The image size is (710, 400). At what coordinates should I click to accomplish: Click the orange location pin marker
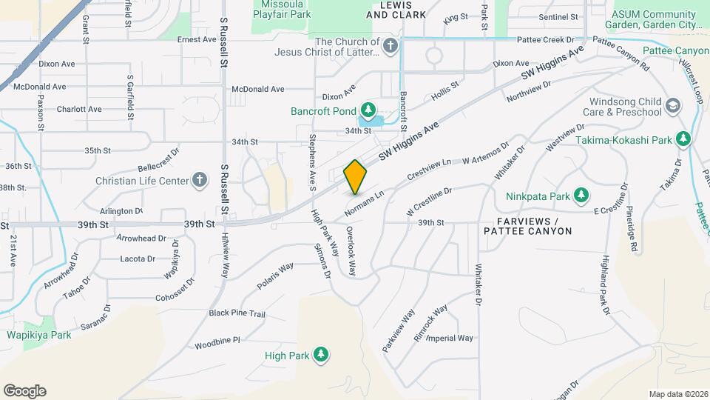pyautogui.click(x=355, y=176)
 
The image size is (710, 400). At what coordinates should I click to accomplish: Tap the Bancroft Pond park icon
pyautogui.click(x=367, y=110)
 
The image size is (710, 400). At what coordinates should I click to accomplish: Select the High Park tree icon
pyautogui.click(x=320, y=356)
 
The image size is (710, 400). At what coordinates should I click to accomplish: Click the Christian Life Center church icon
pyautogui.click(x=199, y=180)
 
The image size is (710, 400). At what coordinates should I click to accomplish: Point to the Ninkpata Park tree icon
pyautogui.click(x=583, y=196)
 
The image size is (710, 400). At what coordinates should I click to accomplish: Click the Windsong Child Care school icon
pyautogui.click(x=672, y=106)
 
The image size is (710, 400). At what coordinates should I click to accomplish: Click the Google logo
pyautogui.click(x=24, y=391)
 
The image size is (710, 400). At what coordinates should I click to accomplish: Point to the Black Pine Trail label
pyautogui.click(x=237, y=314)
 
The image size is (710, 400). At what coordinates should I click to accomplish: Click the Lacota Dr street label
pyautogui.click(x=138, y=259)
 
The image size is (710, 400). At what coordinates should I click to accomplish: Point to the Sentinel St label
pyautogui.click(x=558, y=16)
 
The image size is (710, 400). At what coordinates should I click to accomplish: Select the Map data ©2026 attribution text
pyautogui.click(x=677, y=394)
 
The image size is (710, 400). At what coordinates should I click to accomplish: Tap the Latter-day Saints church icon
pyautogui.click(x=391, y=47)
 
